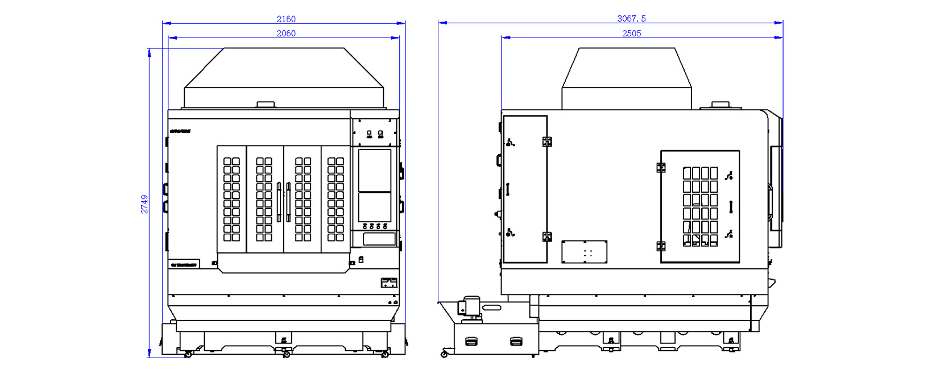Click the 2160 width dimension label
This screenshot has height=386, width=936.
click(x=286, y=19)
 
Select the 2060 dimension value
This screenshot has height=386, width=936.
click(x=286, y=34)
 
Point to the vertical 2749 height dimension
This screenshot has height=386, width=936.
click(x=144, y=204)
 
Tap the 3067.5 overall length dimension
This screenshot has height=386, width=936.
click(x=631, y=19)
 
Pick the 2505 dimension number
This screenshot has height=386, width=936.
click(x=631, y=34)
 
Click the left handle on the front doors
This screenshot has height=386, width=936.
click(x=279, y=202)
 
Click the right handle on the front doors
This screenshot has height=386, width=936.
click(x=288, y=202)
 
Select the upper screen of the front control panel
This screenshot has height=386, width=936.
click(x=374, y=171)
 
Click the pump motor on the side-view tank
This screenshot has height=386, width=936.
click(x=471, y=306)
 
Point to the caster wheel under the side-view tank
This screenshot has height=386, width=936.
click(x=444, y=354)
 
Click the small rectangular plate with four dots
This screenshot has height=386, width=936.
click(x=584, y=252)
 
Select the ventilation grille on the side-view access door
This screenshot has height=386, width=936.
click(x=700, y=206)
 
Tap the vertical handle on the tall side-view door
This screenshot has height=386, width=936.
click(x=508, y=189)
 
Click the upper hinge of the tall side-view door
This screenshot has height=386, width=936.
click(x=547, y=142)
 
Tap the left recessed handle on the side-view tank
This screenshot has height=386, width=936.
click(x=471, y=341)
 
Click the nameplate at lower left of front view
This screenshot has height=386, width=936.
click(x=184, y=264)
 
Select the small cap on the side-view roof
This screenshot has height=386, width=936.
click(x=720, y=105)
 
